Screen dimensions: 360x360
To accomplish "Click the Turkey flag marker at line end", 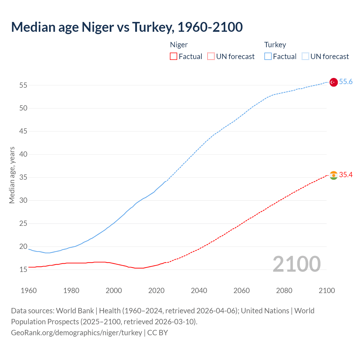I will (x=333, y=82).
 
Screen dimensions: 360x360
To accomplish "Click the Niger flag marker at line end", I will (x=333, y=175).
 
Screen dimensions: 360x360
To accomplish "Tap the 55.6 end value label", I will (x=346, y=82).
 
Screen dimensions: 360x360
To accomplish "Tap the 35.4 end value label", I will (x=346, y=175).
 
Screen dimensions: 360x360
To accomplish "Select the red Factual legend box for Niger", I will (x=174, y=57).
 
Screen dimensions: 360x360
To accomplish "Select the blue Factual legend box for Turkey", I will (x=268, y=57).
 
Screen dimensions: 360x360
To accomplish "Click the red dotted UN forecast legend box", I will (x=211, y=57).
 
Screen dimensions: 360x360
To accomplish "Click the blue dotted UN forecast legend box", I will (x=305, y=57).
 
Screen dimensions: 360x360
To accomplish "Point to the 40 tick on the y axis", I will (x=23, y=154).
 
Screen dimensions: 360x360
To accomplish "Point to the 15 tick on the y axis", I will (x=23, y=269).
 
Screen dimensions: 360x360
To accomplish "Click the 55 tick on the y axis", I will (x=23, y=85).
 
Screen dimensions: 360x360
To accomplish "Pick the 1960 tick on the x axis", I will (x=29, y=291).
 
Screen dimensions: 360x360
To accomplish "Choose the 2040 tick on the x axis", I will (x=199, y=291).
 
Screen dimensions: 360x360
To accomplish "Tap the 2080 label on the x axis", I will (x=284, y=291).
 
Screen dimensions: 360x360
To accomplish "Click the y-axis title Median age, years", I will (x=12, y=175).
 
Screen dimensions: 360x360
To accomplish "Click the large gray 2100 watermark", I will (x=296, y=264).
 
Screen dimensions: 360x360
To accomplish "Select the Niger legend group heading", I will (x=179, y=45).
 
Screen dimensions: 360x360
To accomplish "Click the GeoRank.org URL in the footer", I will (x=76, y=333).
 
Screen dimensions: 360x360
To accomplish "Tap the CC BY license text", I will (x=157, y=333).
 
